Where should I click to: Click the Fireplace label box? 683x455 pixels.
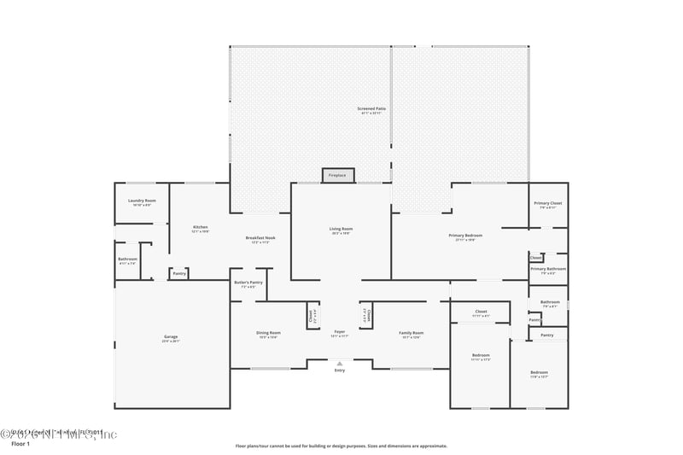coord(337,175)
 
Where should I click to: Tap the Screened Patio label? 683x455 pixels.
coord(371,109)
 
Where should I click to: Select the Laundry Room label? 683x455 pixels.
coord(142,201)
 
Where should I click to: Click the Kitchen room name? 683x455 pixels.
coord(201,227)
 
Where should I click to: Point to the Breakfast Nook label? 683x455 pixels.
coord(260,238)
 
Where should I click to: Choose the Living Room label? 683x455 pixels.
coord(341,229)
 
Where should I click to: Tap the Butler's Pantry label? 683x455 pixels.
coord(248,283)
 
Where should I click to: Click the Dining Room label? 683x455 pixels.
coord(268,333)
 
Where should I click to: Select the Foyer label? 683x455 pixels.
coord(340,331)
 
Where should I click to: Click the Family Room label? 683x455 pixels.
coord(412,333)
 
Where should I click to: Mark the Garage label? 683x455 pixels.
coord(171,337)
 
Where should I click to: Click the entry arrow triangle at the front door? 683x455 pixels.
coord(340,363)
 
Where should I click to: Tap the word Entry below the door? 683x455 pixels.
coord(340,370)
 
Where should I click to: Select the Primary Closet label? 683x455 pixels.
coord(547,203)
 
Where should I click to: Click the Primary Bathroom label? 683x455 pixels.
coord(547,269)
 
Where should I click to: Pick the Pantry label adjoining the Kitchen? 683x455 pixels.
coord(179,274)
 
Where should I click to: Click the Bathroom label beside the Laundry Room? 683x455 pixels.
coord(128,259)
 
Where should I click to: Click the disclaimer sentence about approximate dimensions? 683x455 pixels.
coord(341,446)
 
